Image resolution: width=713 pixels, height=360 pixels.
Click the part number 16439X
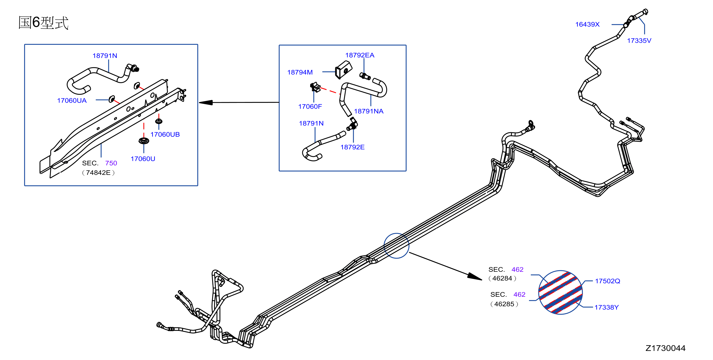(587, 24)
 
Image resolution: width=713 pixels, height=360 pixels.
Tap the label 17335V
(639, 41)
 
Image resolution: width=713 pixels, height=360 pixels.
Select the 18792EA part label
(360, 55)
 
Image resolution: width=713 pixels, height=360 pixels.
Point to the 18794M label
(300, 72)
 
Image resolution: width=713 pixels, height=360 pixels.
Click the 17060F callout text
(310, 106)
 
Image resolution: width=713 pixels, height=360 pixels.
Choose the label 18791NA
(368, 111)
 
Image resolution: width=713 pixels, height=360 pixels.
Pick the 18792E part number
(352, 147)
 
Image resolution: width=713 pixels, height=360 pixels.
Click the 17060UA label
(72, 100)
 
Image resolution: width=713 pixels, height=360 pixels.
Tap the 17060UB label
(165, 134)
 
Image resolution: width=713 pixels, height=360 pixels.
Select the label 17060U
(143, 159)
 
